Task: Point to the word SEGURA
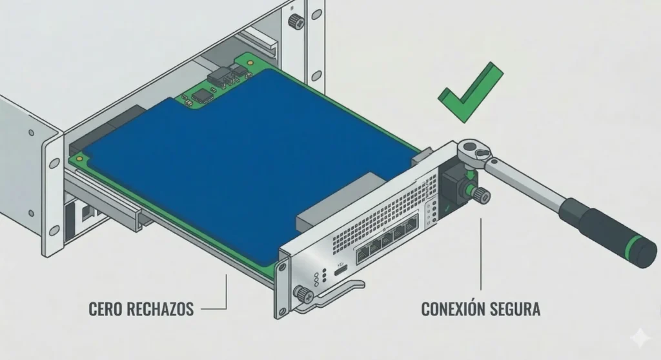(x=517, y=308)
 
